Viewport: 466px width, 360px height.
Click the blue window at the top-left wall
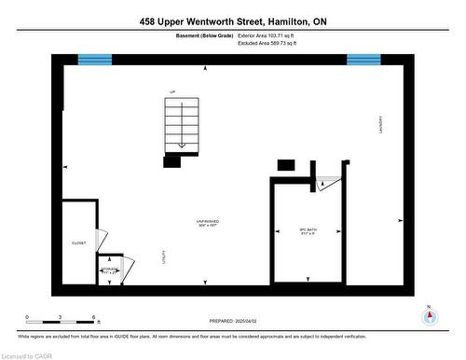click(x=94, y=60)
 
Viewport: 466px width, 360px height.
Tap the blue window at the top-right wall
click(x=363, y=60)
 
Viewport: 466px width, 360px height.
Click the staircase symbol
click(x=181, y=126)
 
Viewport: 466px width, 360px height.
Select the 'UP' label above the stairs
click(x=172, y=91)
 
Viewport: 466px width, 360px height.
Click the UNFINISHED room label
click(x=207, y=222)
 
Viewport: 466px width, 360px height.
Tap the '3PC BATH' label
click(x=308, y=229)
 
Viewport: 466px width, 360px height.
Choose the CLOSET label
click(x=78, y=243)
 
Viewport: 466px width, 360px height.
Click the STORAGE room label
click(x=110, y=270)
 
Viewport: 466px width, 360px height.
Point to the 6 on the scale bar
click(x=94, y=318)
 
